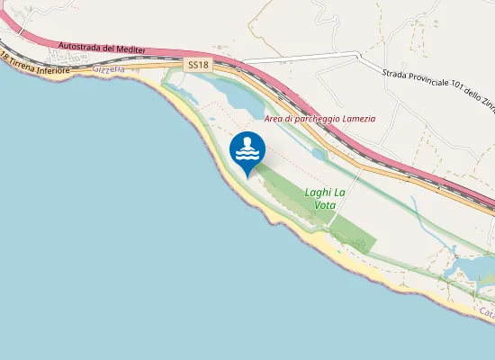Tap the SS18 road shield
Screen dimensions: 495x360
point(200,66)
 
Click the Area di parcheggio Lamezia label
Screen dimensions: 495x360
point(319,119)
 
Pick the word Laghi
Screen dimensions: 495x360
point(318,193)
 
